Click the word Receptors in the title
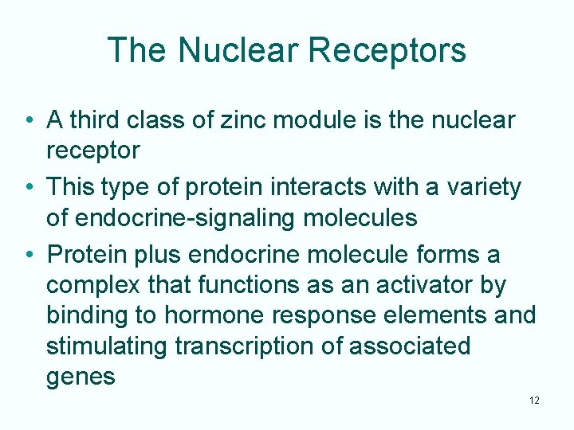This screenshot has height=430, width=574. tap(387, 50)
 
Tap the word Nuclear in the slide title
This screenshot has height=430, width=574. tap(238, 50)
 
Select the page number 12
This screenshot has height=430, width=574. tap(533, 400)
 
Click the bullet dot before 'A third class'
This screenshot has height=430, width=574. tap(28, 121)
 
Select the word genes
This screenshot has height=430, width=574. tap(81, 377)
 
